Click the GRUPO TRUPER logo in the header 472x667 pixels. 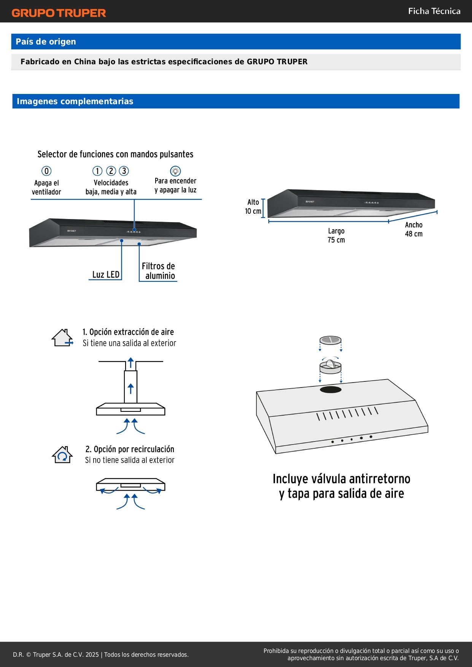(x=59, y=13)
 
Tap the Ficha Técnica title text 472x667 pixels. (x=434, y=11)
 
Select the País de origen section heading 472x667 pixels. (x=46, y=42)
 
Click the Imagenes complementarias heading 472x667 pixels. (x=75, y=102)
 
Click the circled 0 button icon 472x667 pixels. (x=46, y=171)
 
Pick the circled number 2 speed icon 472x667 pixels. (x=111, y=171)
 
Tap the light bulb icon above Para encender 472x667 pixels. (x=175, y=171)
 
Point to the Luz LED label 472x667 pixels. (x=106, y=275)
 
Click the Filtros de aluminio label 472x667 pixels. (x=159, y=271)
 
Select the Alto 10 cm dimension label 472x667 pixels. (x=253, y=206)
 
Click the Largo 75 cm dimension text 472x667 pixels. (x=336, y=235)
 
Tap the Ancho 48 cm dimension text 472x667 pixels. (x=413, y=229)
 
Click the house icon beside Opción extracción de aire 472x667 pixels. (x=62, y=338)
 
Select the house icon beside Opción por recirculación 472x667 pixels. (x=62, y=455)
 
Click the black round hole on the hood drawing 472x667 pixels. (x=331, y=389)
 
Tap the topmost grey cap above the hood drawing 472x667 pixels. (x=330, y=340)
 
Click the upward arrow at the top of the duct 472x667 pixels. (x=131, y=362)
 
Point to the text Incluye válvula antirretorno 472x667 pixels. (x=341, y=479)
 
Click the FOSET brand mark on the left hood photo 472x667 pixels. (x=72, y=231)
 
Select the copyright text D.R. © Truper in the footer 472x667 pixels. (x=100, y=654)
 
